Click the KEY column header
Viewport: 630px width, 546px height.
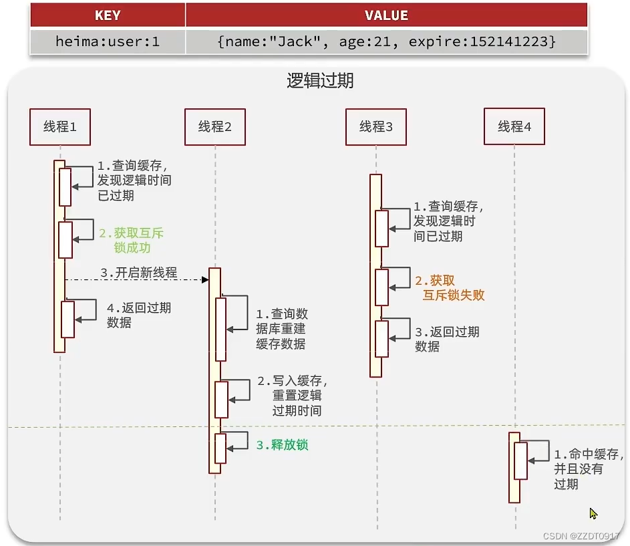coord(108,15)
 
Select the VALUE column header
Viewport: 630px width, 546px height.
coord(386,15)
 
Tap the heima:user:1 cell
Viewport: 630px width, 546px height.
coord(108,41)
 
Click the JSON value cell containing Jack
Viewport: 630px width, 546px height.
coord(386,41)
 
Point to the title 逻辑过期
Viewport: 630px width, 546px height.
coord(320,82)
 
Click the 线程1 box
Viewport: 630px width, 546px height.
coord(59,126)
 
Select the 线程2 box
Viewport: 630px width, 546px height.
coord(215,126)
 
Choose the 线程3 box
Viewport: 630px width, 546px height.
coord(376,126)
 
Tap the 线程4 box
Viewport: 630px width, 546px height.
coord(514,126)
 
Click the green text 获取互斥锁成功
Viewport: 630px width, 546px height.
coord(131,241)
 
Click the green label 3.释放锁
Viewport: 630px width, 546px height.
coord(282,445)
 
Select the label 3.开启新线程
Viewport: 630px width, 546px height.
coord(139,273)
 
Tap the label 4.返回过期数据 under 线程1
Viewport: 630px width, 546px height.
coord(138,315)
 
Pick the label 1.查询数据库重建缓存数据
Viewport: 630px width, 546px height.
coord(281,329)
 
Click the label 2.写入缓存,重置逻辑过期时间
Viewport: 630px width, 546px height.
coord(292,396)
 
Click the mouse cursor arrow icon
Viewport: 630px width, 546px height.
coord(593,513)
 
